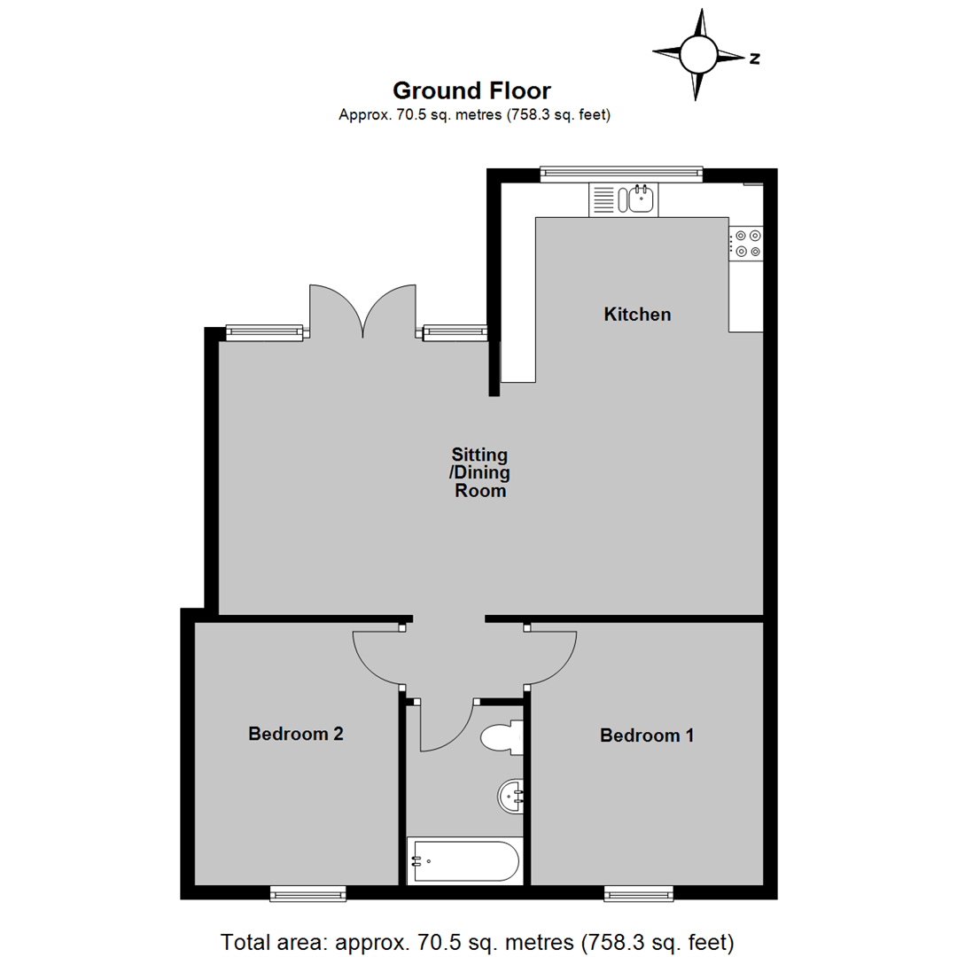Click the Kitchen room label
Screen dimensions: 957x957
(637, 314)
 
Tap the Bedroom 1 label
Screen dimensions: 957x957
(647, 735)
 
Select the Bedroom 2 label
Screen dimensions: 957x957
(295, 734)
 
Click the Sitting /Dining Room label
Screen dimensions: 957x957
(480, 473)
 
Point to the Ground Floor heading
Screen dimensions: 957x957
(471, 90)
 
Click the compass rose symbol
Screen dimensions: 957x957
(698, 55)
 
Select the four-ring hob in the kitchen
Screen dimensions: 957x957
(745, 244)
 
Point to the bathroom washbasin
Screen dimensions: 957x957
(512, 795)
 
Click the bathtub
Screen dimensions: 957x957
(463, 860)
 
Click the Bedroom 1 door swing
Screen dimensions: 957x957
(551, 657)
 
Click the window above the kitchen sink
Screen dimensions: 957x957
(621, 174)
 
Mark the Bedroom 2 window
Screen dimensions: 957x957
(307, 895)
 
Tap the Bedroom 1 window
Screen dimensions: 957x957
(638, 895)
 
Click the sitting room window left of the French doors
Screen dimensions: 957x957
(265, 332)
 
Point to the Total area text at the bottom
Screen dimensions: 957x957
(478, 940)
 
